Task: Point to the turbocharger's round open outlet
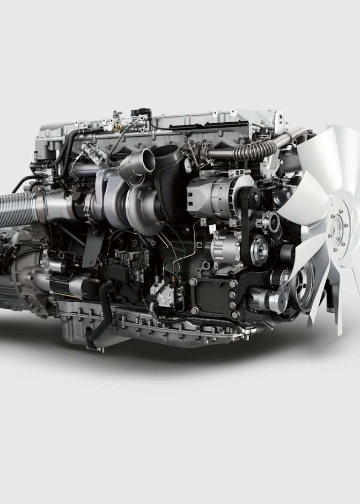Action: pyautogui.click(x=143, y=160)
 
